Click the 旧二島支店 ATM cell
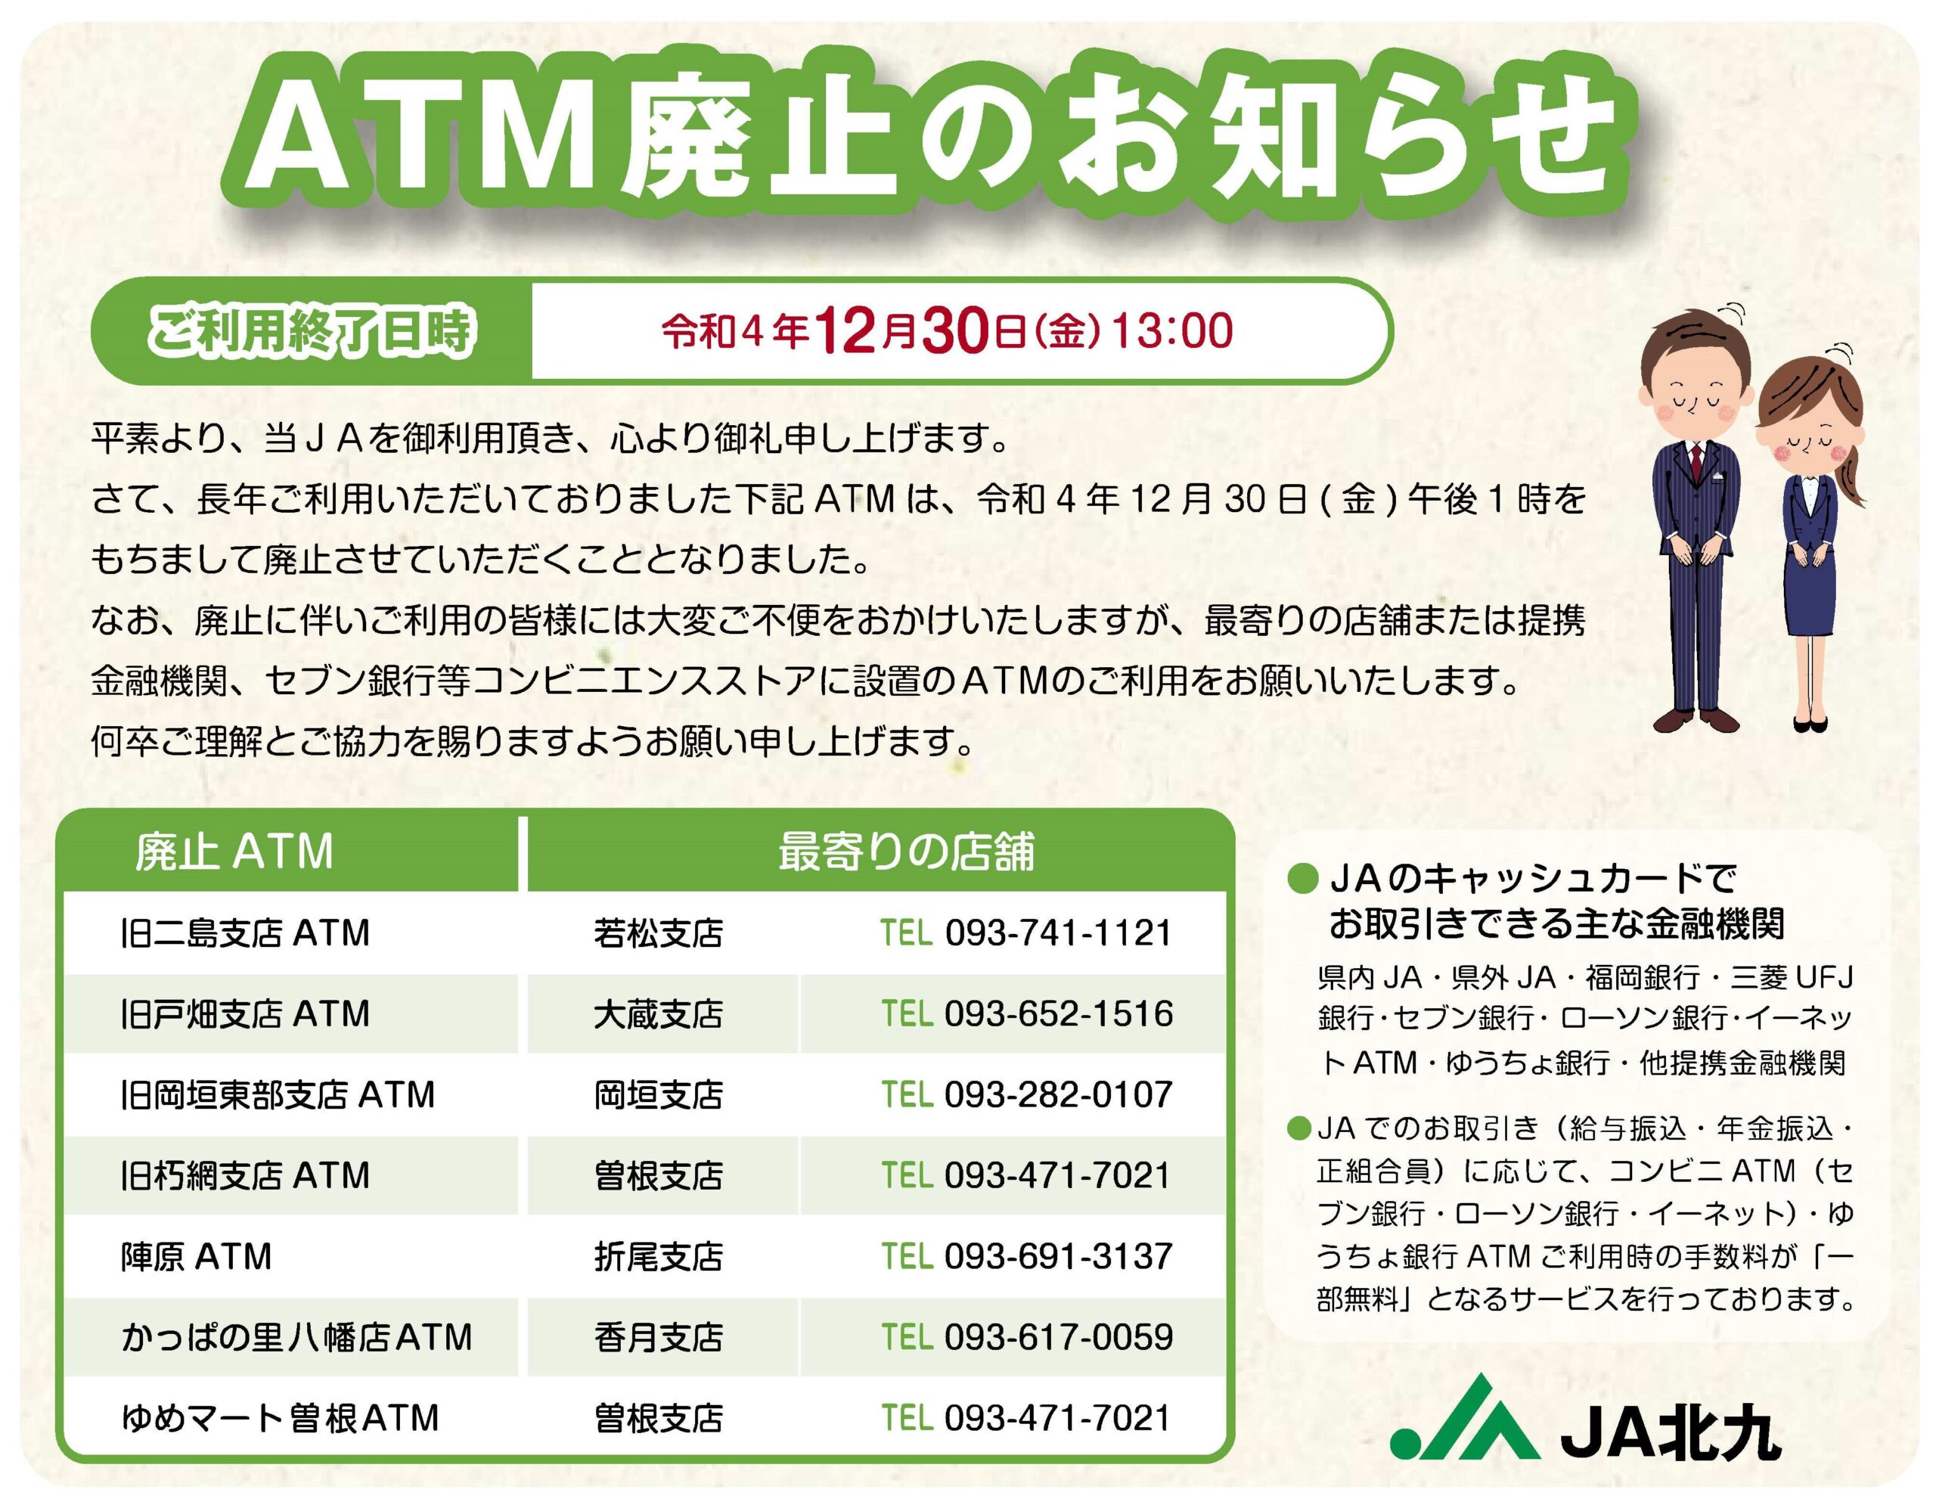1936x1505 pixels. pyautogui.click(x=245, y=933)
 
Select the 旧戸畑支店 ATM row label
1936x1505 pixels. pyautogui.click(x=245, y=1014)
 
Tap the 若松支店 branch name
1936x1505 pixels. pyautogui.click(x=659, y=933)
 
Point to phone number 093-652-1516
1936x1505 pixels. pyautogui.click(x=1059, y=1014)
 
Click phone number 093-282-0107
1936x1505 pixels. pyautogui.click(x=1059, y=1094)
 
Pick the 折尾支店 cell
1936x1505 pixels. pyautogui.click(x=659, y=1257)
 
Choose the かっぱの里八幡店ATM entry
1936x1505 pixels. pyautogui.click(x=296, y=1337)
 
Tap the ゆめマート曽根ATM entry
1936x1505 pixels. pyautogui.click(x=280, y=1418)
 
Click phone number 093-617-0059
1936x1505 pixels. pyautogui.click(x=1059, y=1337)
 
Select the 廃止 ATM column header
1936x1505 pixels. pyautogui.click(x=234, y=852)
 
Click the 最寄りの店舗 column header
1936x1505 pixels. pyautogui.click(x=906, y=852)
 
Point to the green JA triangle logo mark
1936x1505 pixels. pyautogui.click(x=1463, y=1417)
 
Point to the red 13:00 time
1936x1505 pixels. pyautogui.click(x=1172, y=330)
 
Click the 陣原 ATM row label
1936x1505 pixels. pyautogui.click(x=196, y=1257)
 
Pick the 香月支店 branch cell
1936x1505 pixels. pyautogui.click(x=659, y=1337)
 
